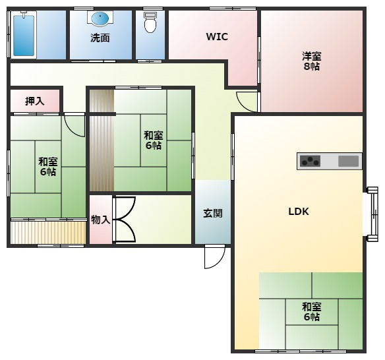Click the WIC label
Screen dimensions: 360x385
[x=217, y=37]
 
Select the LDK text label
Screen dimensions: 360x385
[x=298, y=212]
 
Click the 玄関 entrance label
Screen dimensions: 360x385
[x=212, y=213]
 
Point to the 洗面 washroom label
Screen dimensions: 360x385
[x=100, y=38]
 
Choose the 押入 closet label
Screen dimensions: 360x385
[x=34, y=101]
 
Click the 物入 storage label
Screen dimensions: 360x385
[x=100, y=220]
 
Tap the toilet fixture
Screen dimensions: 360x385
[x=150, y=23]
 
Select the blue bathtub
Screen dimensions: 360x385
[x=24, y=35]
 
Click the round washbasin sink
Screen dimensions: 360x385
[x=101, y=18]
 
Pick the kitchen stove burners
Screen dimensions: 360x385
[x=309, y=161]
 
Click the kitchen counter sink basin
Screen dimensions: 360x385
[x=349, y=161]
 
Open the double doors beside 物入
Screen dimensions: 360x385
[x=125, y=220]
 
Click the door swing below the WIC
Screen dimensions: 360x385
[x=247, y=100]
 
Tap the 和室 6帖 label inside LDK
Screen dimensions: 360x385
[x=311, y=311]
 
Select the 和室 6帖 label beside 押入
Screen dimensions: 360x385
[x=47, y=166]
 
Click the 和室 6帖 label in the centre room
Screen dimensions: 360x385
[x=153, y=140]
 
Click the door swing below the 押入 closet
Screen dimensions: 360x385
[x=75, y=125]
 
